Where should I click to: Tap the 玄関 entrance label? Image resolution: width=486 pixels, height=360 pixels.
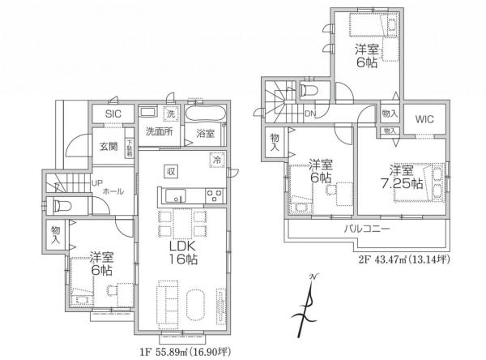(109, 146)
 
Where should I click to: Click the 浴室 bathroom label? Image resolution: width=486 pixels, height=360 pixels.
(206, 133)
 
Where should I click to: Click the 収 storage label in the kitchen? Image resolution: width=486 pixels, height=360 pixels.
(172, 170)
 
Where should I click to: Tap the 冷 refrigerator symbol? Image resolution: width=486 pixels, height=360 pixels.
(216, 160)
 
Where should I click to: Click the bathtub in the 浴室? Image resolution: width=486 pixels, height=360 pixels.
(207, 112)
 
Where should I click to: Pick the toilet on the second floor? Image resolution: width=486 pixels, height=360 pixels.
(309, 91)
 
